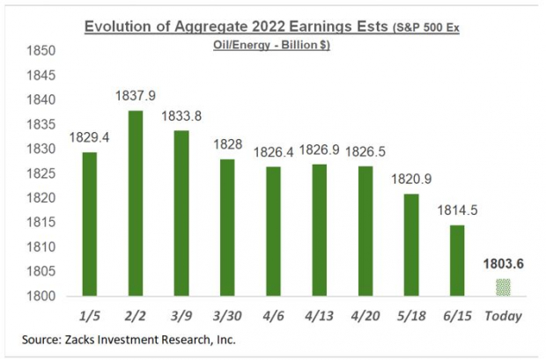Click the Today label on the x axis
click(x=503, y=314)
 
